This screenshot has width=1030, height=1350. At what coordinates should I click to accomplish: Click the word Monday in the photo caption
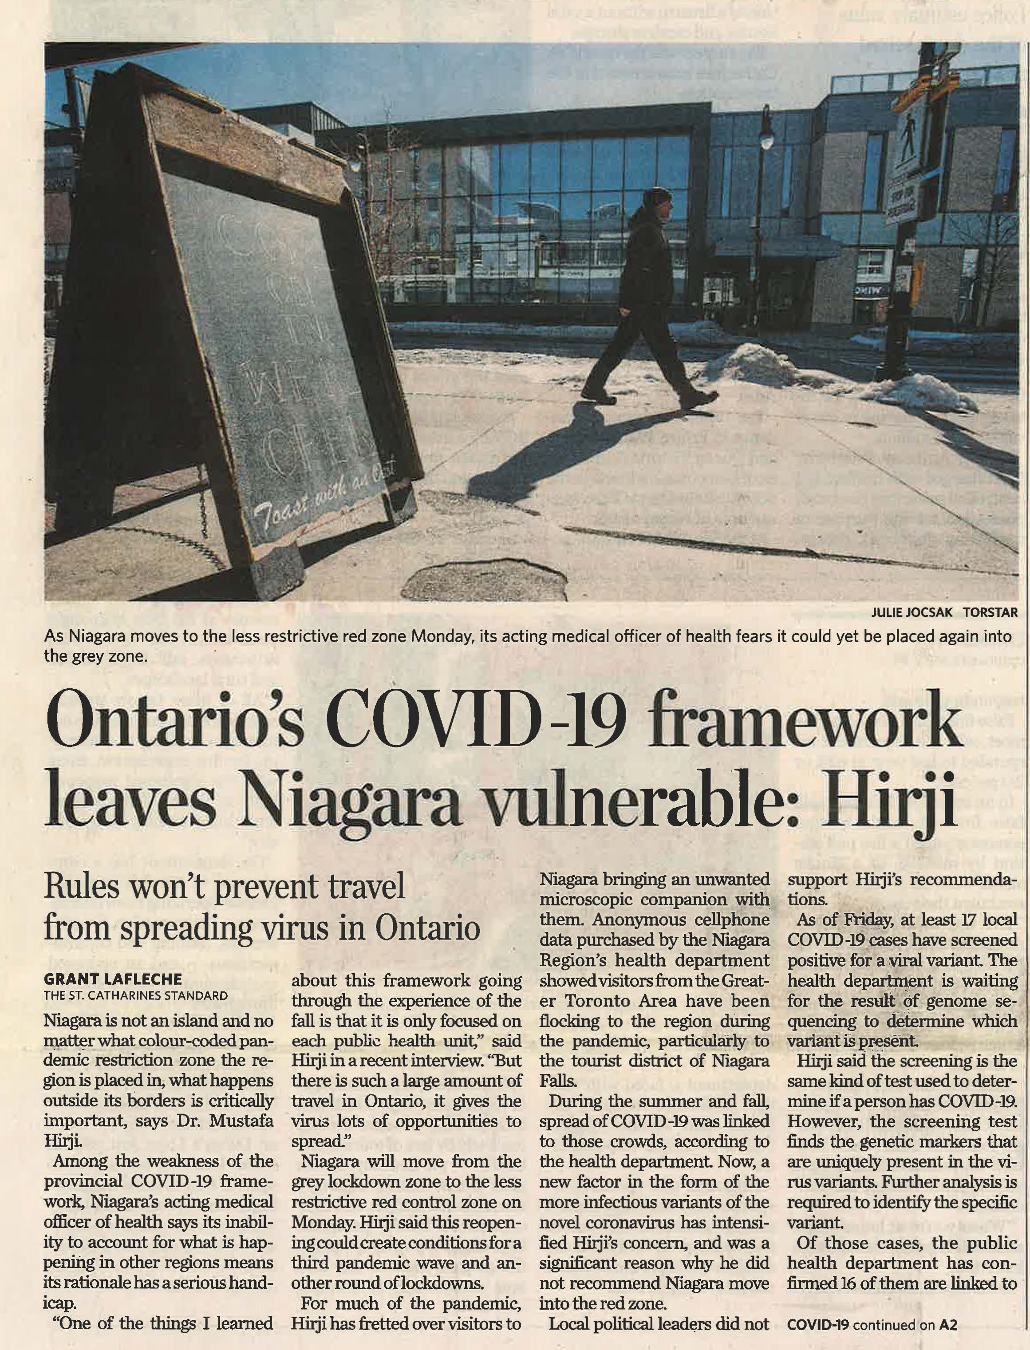tap(442, 637)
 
